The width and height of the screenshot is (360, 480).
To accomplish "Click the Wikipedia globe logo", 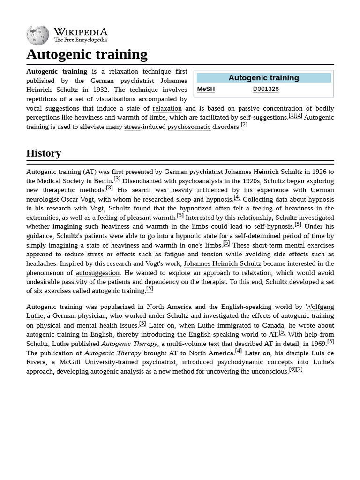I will [x=37, y=35].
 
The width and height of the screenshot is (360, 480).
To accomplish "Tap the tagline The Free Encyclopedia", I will [x=80, y=40].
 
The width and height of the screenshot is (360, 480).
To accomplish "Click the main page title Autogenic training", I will [x=87, y=54].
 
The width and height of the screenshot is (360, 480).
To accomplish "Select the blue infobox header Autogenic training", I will [x=263, y=78].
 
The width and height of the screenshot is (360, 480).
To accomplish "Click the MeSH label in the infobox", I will [x=206, y=89].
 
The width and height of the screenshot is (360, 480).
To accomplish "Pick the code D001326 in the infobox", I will [x=266, y=89].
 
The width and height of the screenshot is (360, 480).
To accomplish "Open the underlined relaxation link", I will [x=167, y=109].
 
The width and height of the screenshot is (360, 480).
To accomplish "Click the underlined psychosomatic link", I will [x=188, y=127].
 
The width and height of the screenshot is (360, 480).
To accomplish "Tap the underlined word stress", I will [x=132, y=127].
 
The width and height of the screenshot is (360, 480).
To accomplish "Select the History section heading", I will [x=44, y=153].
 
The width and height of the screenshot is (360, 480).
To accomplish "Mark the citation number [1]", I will [x=292, y=115].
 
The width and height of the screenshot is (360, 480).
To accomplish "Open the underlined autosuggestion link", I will [x=97, y=273].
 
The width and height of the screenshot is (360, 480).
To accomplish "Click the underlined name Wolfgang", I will [x=319, y=307].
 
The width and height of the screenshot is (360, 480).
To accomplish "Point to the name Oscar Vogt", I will [x=77, y=199].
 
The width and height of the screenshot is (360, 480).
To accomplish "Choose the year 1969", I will [x=317, y=344].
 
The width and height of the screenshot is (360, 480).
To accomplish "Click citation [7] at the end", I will [x=299, y=369].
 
